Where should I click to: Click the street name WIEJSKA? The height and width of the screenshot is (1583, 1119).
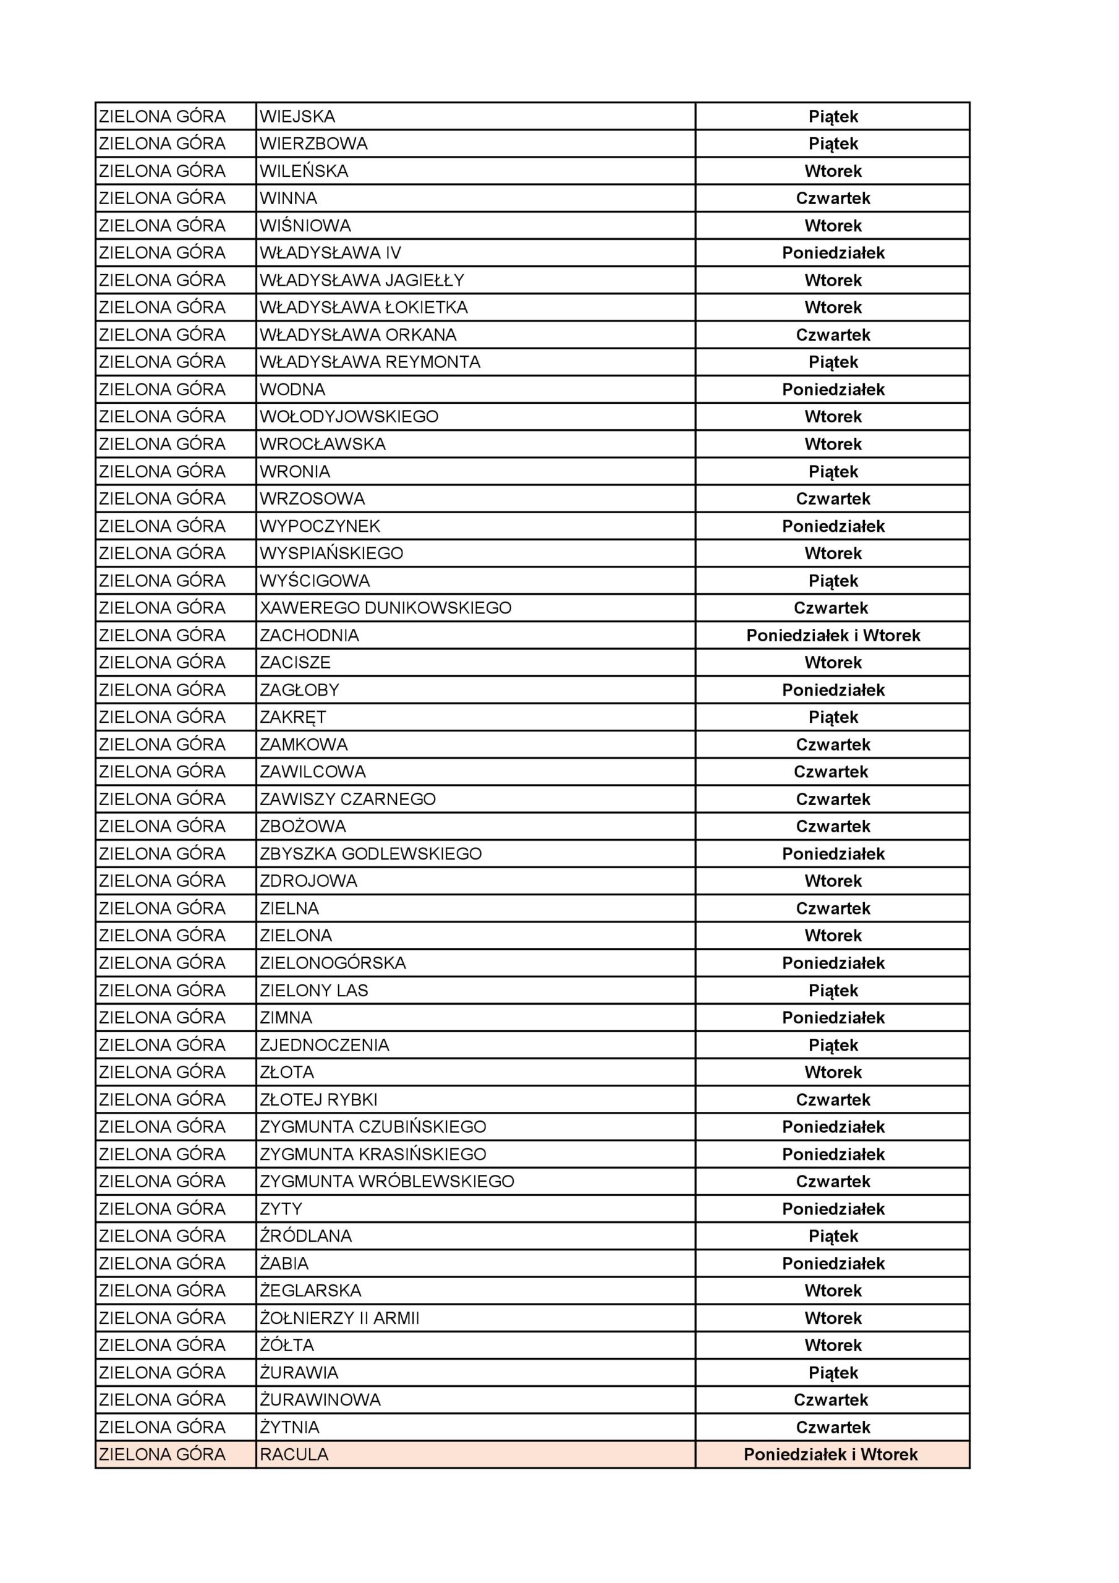297,116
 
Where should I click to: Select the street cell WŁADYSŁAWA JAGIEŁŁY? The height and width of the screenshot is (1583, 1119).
362,281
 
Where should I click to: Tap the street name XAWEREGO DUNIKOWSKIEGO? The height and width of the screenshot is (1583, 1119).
385,608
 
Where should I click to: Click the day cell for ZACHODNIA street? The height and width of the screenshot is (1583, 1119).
832,635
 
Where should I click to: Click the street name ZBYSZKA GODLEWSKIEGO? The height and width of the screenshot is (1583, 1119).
370,853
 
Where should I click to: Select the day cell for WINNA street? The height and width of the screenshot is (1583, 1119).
832,198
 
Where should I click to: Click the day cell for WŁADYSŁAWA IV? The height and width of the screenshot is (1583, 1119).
832,253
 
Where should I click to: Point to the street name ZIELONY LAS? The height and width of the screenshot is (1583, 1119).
313,990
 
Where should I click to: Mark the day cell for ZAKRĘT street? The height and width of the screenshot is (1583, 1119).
832,717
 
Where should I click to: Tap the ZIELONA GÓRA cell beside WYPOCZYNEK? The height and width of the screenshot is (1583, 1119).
162,526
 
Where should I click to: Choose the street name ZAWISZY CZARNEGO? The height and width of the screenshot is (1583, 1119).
347,799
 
